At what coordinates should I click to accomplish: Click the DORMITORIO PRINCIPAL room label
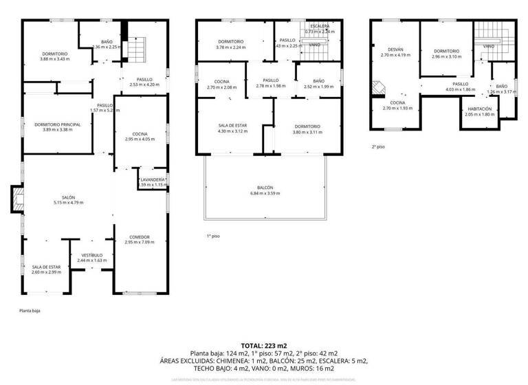(58, 124)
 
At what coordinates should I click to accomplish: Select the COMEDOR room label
(137, 237)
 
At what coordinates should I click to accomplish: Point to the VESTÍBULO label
(91, 255)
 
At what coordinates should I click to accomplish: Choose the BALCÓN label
(265, 188)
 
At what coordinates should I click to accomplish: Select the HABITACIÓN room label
(479, 109)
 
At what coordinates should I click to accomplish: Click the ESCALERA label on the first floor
(320, 26)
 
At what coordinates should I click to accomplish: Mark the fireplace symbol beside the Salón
(16, 199)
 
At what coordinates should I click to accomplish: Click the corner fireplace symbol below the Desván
(377, 87)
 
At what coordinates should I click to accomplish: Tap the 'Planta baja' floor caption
(30, 311)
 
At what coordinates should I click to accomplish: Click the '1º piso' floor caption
(213, 236)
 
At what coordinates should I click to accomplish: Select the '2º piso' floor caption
(378, 146)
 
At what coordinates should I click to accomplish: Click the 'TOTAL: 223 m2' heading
(264, 345)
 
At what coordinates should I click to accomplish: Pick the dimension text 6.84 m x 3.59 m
(265, 193)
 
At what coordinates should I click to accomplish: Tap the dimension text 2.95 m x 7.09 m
(137, 242)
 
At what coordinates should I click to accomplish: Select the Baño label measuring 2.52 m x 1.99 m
(318, 81)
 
